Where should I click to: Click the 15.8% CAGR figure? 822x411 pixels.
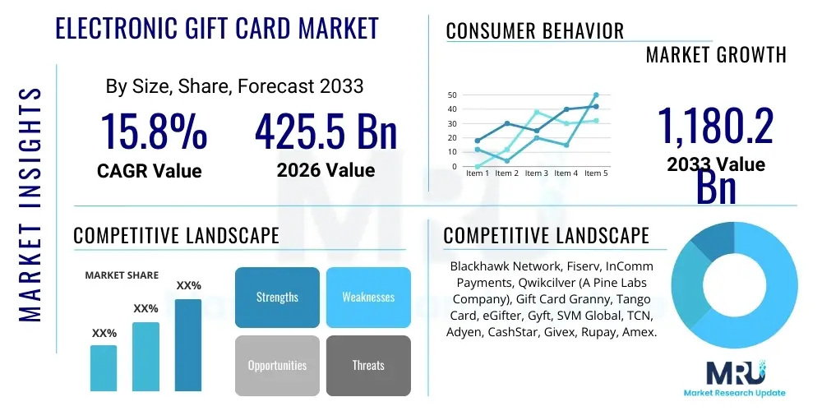coord(154,132)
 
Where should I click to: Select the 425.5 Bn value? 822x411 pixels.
coord(326,132)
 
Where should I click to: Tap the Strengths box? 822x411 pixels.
coord(277,297)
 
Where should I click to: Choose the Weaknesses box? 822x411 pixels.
coord(367,297)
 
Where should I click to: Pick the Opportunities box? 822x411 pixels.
coord(277,365)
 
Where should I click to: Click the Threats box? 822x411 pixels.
coord(367,365)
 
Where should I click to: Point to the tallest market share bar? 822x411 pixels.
coord(187,344)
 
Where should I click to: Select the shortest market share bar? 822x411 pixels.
coord(104,367)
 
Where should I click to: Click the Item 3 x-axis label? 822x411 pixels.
coord(536,173)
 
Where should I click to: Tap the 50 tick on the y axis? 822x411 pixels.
coord(452,95)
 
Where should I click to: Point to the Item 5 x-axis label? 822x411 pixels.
coord(594,173)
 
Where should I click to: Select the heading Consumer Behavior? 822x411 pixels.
coord(535,31)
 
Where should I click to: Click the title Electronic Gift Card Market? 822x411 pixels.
coord(217,28)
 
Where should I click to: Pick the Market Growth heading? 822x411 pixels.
coord(716,55)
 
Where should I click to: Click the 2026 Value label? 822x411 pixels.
coord(326,170)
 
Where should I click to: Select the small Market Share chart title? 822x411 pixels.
coord(122,275)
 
